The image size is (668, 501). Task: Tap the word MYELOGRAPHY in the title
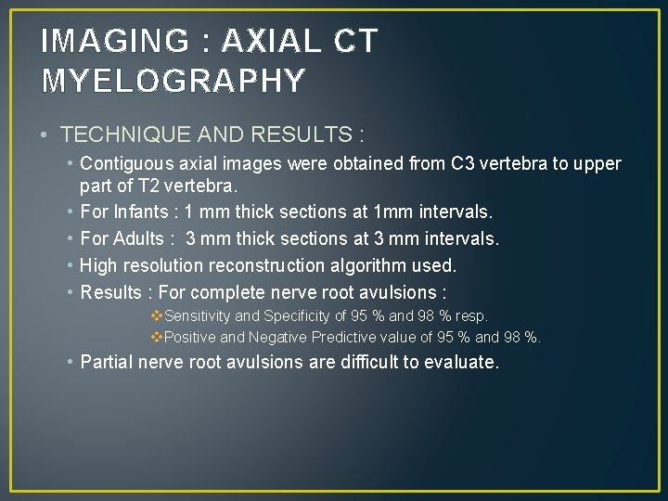click(173, 82)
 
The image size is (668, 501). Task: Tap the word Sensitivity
click(198, 316)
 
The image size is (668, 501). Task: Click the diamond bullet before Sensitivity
click(157, 316)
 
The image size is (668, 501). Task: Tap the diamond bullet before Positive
click(157, 337)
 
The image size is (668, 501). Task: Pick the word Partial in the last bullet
click(106, 362)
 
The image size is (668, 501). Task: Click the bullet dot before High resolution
click(71, 265)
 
